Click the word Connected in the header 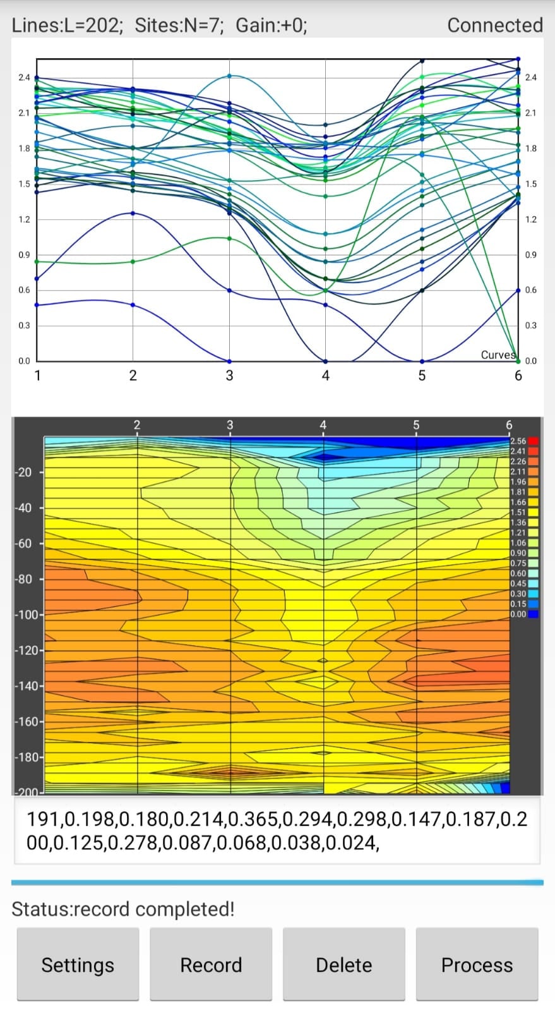click(495, 25)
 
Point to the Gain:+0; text click(272, 25)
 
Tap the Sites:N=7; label click(179, 25)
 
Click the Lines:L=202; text click(67, 25)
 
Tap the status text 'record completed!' click(154, 909)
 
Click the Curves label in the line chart click(498, 354)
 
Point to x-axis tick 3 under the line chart click(229, 375)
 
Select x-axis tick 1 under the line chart click(38, 375)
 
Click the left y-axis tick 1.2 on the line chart click(24, 219)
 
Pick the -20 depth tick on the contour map click(23, 473)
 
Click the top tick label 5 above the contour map click(416, 425)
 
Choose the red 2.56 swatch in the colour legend click(533, 441)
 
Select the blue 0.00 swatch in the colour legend click(533, 614)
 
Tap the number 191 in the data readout click(43, 819)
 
